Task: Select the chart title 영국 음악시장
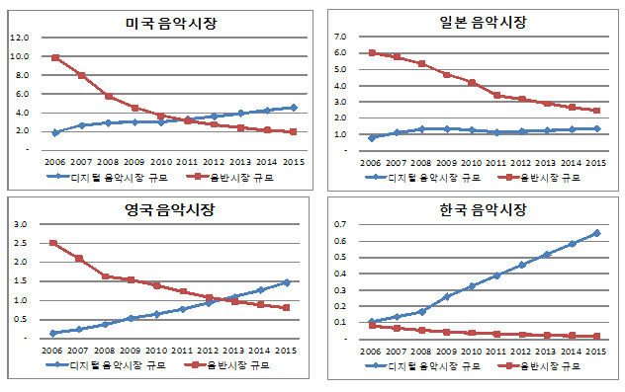coord(170,210)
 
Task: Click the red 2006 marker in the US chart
coord(55,58)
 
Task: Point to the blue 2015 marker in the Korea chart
coord(596,233)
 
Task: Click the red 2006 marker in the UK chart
coord(52,243)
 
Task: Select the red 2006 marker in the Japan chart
coord(372,53)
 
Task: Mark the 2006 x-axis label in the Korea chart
coord(372,351)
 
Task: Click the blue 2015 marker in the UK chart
coord(287,282)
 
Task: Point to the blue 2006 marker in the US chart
coord(55,132)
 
